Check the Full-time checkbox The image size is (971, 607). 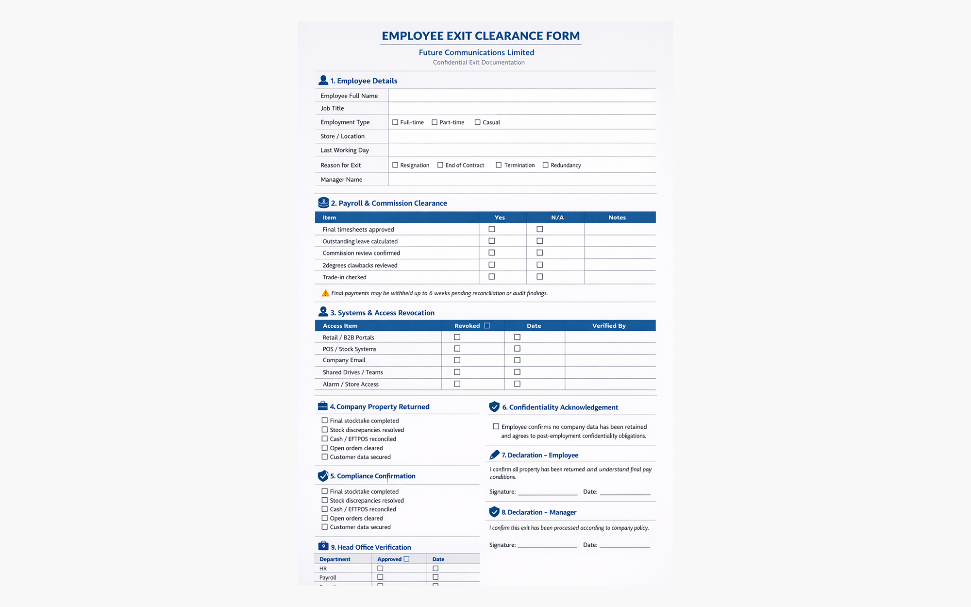[x=395, y=122]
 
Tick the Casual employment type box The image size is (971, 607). [x=478, y=122]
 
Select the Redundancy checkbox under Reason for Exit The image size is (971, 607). [x=546, y=165]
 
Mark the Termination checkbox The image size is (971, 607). [x=499, y=165]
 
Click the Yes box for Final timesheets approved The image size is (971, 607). [x=492, y=229]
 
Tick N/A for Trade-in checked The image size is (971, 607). [x=540, y=277]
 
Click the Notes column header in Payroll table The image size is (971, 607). [x=617, y=218]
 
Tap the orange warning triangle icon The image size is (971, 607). [x=325, y=293]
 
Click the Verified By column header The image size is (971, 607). [x=609, y=326]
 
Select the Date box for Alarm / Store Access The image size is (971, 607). [x=518, y=384]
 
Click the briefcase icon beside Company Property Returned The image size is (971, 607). [x=323, y=406]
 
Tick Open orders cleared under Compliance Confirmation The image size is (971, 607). [x=325, y=518]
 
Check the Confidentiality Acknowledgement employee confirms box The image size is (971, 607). [x=496, y=427]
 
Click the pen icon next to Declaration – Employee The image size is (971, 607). [x=494, y=455]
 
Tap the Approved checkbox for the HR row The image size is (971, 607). [x=381, y=569]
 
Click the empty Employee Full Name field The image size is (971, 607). [x=522, y=96]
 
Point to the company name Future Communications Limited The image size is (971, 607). [x=476, y=52]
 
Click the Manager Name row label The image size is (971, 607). [x=341, y=180]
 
